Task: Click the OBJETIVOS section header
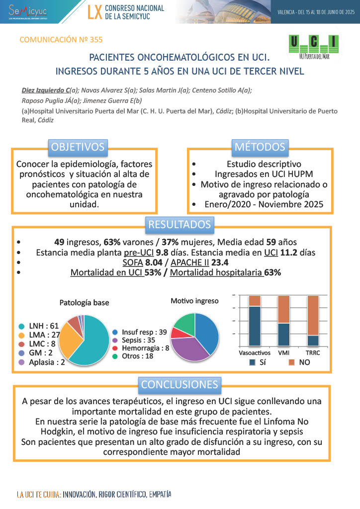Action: pyautogui.click(x=78, y=147)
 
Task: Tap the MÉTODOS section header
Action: pyautogui.click(x=260, y=147)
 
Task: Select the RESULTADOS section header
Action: pyautogui.click(x=180, y=225)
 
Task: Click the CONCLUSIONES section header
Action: pyautogui.click(x=180, y=384)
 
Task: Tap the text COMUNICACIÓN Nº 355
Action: pyautogui.click(x=61, y=40)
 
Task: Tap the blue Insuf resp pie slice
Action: pyautogui.click(x=207, y=331)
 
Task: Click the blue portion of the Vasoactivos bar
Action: pyautogui.click(x=255, y=326)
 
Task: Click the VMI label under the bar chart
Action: pyautogui.click(x=284, y=352)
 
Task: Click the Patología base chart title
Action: pyautogui.click(x=84, y=302)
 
